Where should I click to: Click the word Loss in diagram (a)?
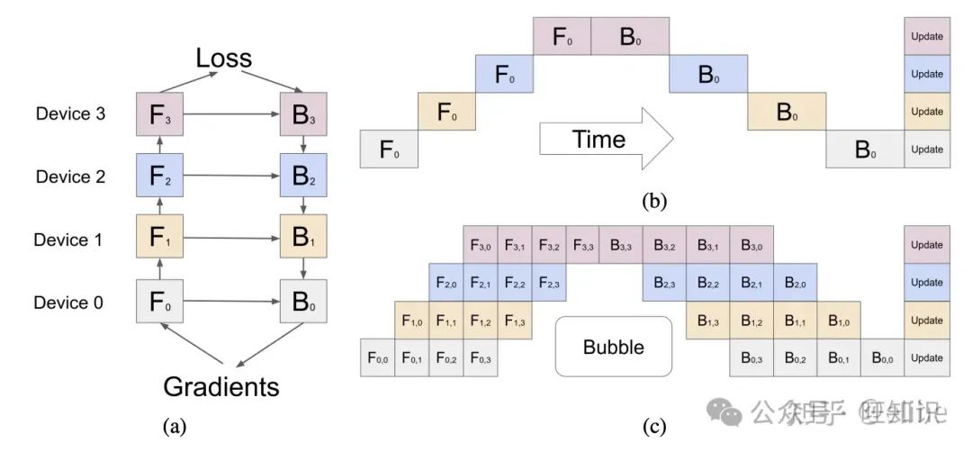pyautogui.click(x=224, y=60)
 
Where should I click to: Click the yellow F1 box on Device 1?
pyautogui.click(x=159, y=239)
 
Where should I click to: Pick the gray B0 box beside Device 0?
pyautogui.click(x=303, y=303)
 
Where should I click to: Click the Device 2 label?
pyautogui.click(x=71, y=176)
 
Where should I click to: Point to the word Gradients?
pyautogui.click(x=221, y=387)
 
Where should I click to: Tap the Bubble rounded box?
pyautogui.click(x=614, y=346)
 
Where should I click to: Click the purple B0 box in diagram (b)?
pyautogui.click(x=630, y=36)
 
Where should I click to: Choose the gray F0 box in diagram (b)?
pyautogui.click(x=389, y=149)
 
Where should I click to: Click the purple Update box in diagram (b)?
pyautogui.click(x=927, y=36)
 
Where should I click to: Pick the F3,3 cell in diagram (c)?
pyautogui.click(x=582, y=245)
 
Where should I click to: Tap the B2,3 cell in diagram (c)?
pyautogui.click(x=663, y=283)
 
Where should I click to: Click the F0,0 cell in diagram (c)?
pyautogui.click(x=378, y=358)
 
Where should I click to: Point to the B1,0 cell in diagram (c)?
pyautogui.click(x=840, y=321)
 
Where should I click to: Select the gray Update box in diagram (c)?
pyautogui.click(x=927, y=358)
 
